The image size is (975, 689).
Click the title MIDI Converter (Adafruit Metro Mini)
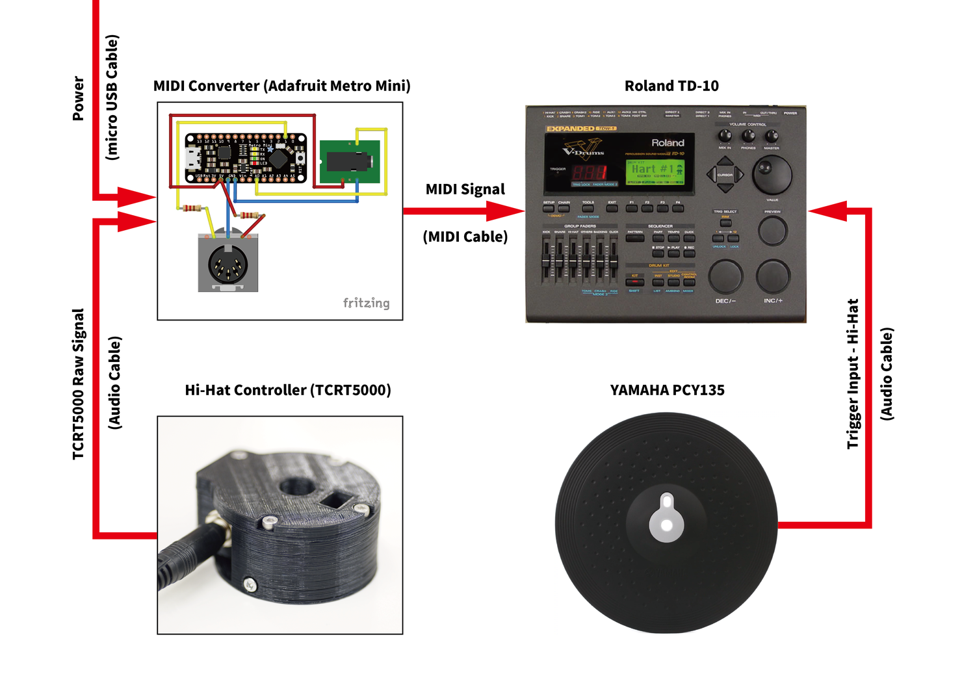click(281, 86)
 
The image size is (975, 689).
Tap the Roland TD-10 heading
click(671, 86)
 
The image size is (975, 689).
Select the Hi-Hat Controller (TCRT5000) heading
click(288, 390)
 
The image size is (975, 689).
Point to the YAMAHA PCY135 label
click(667, 390)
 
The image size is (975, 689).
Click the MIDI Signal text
click(465, 189)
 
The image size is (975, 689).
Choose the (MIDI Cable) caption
click(465, 237)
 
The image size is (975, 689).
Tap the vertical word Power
click(79, 98)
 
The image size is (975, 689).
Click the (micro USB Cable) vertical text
click(112, 97)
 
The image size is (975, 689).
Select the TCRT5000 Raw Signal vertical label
click(79, 384)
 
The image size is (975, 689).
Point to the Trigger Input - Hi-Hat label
click(853, 374)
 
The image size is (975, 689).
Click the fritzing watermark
click(366, 303)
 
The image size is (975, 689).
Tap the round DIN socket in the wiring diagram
click(227, 263)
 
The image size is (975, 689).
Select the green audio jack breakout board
click(350, 161)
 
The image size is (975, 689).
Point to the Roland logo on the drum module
click(668, 142)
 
